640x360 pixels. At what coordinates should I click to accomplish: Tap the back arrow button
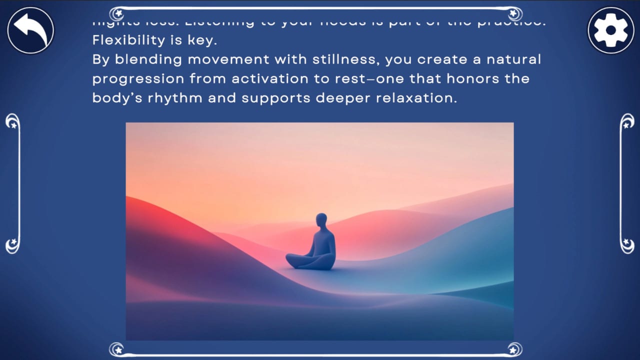click(x=30, y=30)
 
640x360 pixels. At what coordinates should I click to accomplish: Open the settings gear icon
click(x=610, y=30)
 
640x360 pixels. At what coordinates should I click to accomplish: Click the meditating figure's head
click(x=321, y=220)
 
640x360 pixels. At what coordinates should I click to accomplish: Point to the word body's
click(x=117, y=98)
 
